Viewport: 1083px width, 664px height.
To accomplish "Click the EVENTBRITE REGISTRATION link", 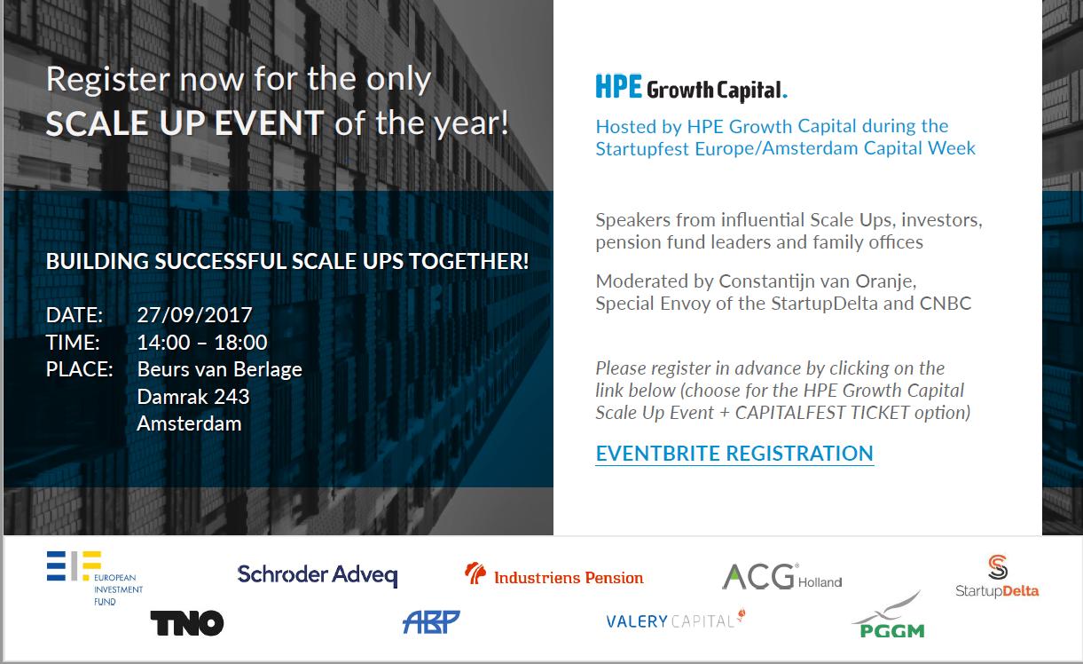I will (734, 454).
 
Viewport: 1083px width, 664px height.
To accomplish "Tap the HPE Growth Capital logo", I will (691, 87).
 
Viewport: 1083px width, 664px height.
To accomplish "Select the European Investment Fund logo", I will (94, 578).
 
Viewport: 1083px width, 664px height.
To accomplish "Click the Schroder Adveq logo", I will (317, 575).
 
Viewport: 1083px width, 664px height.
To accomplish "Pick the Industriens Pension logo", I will (554, 576).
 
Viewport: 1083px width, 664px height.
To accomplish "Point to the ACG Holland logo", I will (781, 577).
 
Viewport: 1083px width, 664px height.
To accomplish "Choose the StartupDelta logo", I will (997, 577).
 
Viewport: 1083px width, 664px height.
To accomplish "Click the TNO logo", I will (186, 623).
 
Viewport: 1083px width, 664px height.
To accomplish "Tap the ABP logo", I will (431, 621).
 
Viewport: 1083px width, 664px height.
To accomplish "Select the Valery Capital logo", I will (675, 621).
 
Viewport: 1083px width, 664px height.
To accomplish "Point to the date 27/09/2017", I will (195, 315).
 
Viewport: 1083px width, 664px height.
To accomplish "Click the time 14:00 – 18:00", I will (202, 343).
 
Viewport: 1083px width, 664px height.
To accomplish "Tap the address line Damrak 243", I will (193, 397).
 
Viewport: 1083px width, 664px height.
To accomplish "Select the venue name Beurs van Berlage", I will (219, 369).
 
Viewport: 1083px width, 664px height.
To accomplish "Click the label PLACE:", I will (80, 369).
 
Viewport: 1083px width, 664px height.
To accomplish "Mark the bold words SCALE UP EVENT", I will (184, 123).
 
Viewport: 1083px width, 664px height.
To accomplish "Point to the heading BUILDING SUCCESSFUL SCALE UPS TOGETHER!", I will (287, 262).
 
